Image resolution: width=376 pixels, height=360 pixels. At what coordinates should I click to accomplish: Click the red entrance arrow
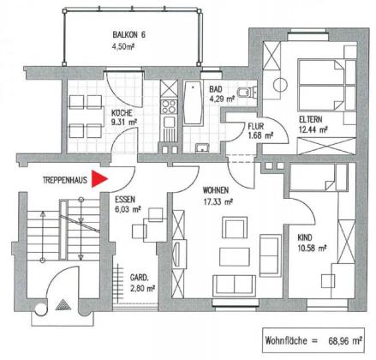coord(98,179)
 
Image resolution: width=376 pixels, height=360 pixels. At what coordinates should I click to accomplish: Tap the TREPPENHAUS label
coord(65,180)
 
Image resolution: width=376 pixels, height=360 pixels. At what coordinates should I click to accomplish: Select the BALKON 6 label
coord(128,35)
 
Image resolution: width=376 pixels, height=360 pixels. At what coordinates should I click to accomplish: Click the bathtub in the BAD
coord(193,103)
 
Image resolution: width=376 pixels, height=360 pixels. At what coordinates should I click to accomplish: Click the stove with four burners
coord(169,106)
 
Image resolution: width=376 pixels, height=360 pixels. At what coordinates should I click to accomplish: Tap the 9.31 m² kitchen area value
coord(124,123)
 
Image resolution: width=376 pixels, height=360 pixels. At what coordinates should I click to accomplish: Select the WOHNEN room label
coord(216,190)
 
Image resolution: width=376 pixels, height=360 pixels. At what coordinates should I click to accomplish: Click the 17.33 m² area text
coord(218,201)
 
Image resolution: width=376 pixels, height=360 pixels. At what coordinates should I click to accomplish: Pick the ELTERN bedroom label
coord(311,119)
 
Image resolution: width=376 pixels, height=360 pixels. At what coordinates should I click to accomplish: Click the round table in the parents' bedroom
coord(280,85)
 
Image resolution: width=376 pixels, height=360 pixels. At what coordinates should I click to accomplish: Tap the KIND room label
coord(305,237)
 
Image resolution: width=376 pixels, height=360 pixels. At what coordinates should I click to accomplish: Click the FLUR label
coord(256,126)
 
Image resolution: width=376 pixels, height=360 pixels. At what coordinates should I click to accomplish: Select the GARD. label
coord(140,278)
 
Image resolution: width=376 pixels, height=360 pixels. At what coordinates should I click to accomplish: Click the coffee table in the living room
coord(235,257)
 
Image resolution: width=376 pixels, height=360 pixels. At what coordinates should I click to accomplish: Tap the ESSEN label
coord(125,199)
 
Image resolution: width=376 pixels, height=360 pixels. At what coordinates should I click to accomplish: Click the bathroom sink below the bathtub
coord(202,148)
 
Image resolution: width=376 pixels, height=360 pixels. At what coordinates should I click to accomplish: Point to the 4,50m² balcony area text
coord(123,46)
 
